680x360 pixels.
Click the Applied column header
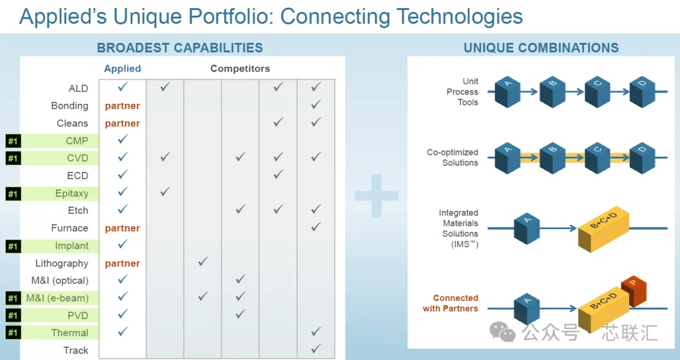(x=122, y=69)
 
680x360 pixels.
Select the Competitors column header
(x=241, y=69)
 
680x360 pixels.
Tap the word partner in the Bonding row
(x=122, y=106)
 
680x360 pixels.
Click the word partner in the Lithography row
(x=122, y=263)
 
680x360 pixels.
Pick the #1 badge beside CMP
(x=13, y=141)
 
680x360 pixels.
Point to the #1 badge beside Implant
(x=13, y=246)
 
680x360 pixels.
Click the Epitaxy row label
(x=72, y=193)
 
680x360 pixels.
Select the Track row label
(x=76, y=351)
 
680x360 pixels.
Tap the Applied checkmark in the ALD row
(x=123, y=87)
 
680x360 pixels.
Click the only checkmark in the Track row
(x=315, y=348)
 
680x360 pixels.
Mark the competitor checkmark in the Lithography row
(x=203, y=262)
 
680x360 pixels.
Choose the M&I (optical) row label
(x=60, y=281)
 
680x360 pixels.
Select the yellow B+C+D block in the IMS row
(x=603, y=228)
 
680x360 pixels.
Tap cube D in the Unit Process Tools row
(x=642, y=91)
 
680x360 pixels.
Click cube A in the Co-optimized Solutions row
(x=507, y=158)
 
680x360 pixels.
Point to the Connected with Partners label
(x=451, y=303)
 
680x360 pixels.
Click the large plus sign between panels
(x=377, y=196)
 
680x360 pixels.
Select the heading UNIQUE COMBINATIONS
(x=541, y=48)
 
